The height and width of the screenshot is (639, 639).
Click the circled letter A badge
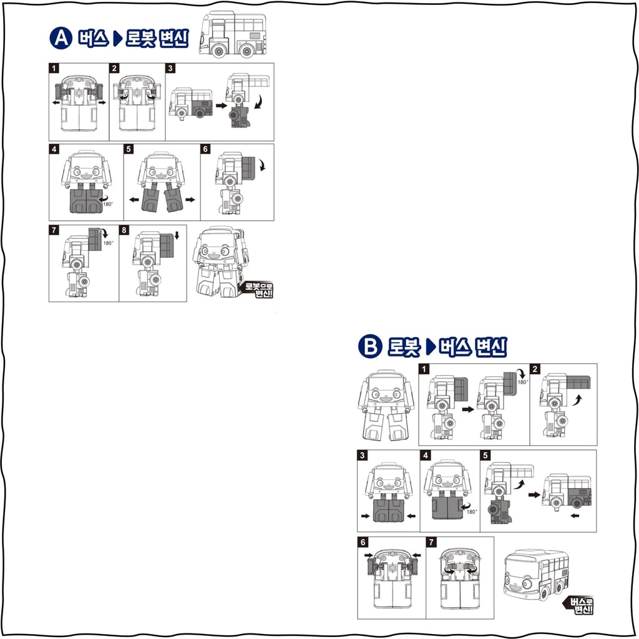tap(61, 38)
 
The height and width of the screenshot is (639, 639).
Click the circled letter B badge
tap(370, 347)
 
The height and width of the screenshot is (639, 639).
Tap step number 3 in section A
tap(171, 68)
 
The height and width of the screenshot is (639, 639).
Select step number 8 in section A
tap(124, 230)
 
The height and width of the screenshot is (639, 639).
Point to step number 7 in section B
tap(431, 542)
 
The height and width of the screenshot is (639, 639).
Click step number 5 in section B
tap(485, 455)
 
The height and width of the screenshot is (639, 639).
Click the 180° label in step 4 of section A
tap(107, 204)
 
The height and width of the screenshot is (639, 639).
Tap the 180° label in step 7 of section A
tap(108, 243)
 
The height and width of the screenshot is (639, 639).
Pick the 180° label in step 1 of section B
tap(523, 383)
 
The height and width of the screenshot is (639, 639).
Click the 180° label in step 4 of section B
tap(472, 512)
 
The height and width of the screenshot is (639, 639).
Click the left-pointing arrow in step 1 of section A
tap(56, 103)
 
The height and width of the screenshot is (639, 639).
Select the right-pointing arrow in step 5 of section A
tap(190, 200)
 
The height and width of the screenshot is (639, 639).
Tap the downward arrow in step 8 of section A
tap(177, 235)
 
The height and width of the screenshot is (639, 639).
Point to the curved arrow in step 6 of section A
tap(262, 165)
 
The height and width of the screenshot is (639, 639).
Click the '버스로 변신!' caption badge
tap(578, 605)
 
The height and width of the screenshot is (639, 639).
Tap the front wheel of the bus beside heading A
tap(220, 51)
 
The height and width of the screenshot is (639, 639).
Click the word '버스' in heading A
tap(94, 39)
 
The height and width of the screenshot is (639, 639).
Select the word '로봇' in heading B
tap(404, 347)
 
